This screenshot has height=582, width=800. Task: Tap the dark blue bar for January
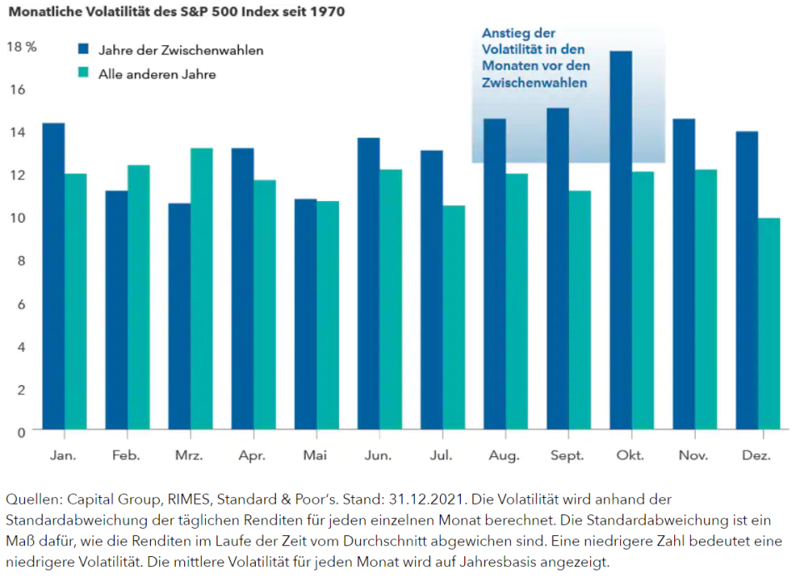point(53,276)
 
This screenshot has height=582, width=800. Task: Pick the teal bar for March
point(202,288)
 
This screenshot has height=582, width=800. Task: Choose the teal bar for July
point(455,317)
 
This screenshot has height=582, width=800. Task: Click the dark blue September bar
point(557,268)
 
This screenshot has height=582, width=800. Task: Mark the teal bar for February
point(139,297)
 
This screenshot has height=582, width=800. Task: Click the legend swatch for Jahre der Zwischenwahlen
point(84,49)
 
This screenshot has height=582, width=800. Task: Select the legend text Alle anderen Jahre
point(157,74)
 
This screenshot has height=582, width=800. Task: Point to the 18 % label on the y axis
point(22,47)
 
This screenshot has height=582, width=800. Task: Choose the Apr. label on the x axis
point(252,456)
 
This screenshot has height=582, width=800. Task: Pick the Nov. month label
point(693,456)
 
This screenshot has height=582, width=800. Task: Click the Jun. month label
point(378,456)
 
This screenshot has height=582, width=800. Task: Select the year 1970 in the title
point(327,12)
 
